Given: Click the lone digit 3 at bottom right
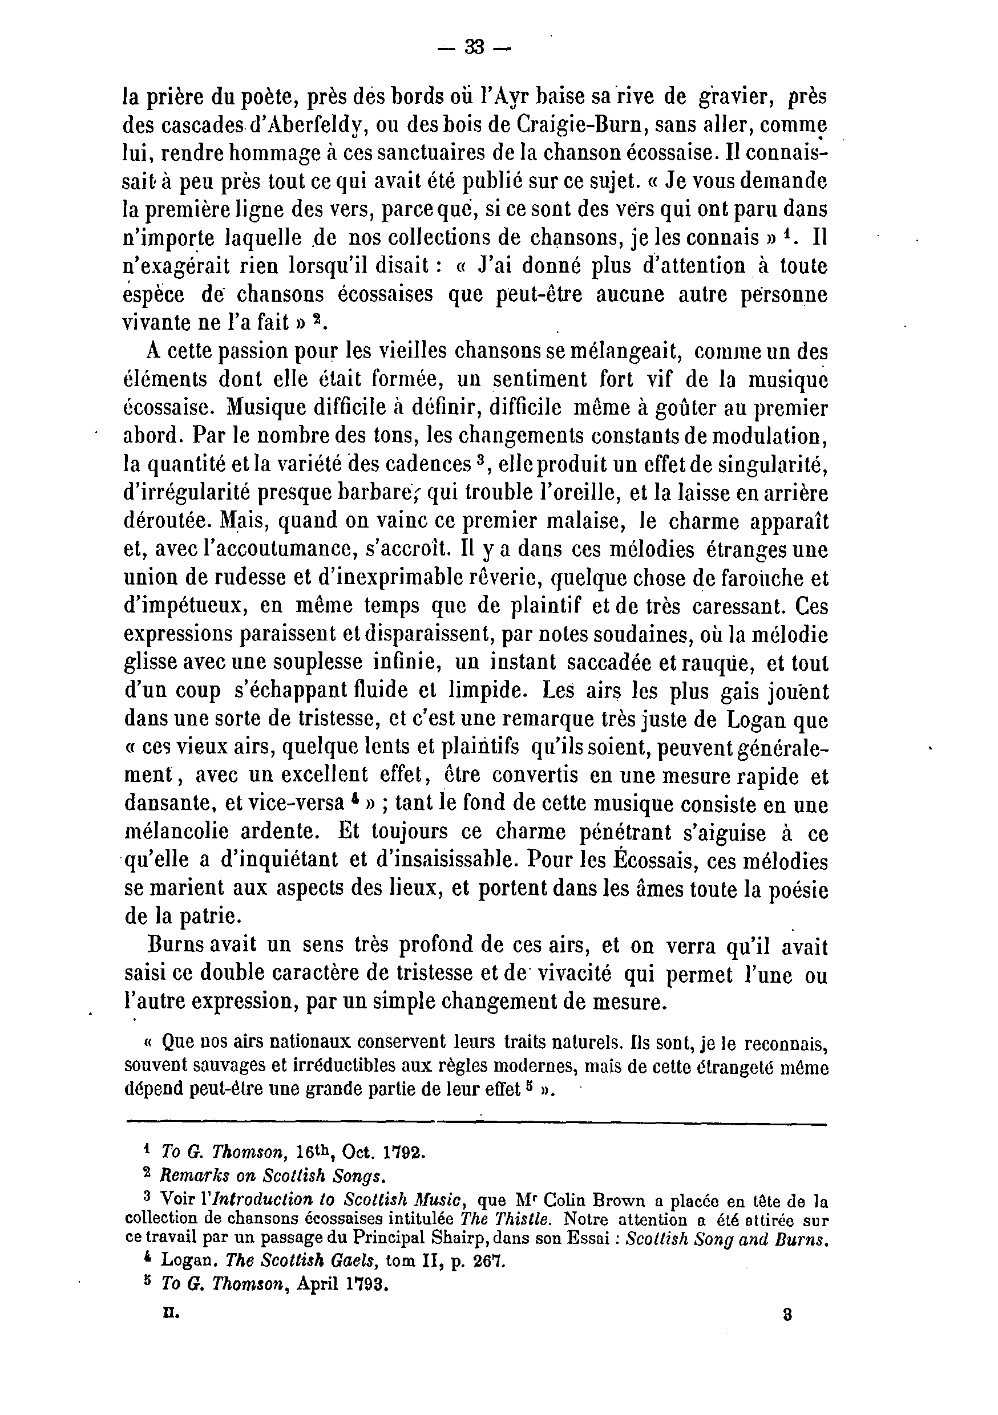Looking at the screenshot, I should pos(787,1312).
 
